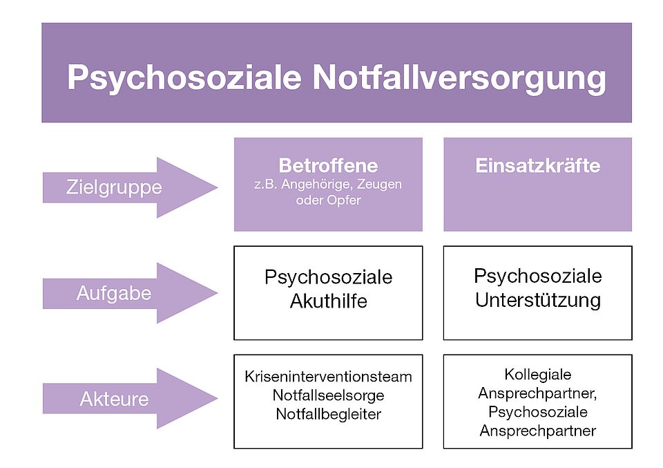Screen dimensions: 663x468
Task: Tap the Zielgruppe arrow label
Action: coord(114,188)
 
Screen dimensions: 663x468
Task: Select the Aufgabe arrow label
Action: coord(114,294)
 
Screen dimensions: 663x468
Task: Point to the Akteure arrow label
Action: coord(114,399)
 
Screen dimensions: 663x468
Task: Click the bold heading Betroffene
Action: coord(328,165)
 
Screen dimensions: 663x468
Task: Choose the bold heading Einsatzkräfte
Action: coord(538,165)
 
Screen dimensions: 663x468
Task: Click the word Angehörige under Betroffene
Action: coord(317,185)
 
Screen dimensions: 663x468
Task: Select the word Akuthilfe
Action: coord(329,301)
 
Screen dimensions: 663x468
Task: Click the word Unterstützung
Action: coord(538,301)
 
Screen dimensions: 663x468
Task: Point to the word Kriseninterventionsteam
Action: coord(328,377)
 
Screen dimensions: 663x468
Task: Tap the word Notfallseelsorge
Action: coord(329,395)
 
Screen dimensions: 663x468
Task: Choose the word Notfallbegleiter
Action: coord(329,414)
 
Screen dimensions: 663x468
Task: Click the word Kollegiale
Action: coord(538,375)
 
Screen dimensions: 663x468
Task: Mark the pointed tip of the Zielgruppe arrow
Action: coord(218,187)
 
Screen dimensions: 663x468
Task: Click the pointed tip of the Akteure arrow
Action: coord(218,398)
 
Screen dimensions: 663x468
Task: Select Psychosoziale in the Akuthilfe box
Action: coord(329,278)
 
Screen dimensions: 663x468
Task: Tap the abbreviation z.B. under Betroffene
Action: coord(265,185)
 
